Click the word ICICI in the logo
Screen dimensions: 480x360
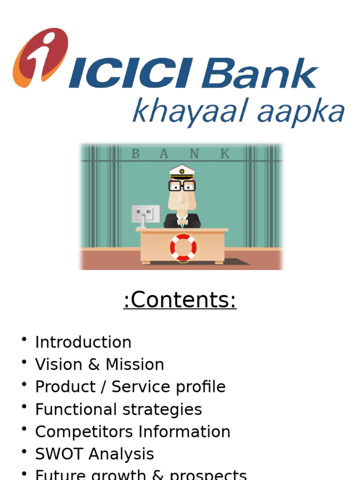click(x=130, y=75)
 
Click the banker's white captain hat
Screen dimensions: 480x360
click(x=182, y=172)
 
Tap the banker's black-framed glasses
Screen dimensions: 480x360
click(x=182, y=186)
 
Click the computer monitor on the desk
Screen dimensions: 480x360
click(x=145, y=214)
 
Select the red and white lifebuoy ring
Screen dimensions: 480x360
click(x=183, y=247)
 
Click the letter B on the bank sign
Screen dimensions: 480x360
click(x=135, y=153)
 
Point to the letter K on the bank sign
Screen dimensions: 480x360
click(x=225, y=153)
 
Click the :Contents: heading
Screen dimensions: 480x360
click(x=180, y=300)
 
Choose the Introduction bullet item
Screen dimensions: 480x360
click(x=83, y=342)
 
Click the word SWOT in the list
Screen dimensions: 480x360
click(x=59, y=454)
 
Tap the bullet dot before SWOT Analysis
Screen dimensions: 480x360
click(x=23, y=452)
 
